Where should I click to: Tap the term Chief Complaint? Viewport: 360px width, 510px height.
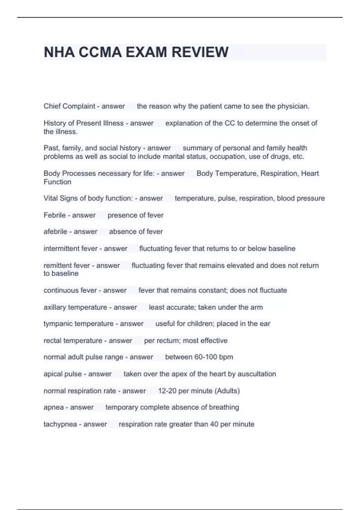click(x=69, y=106)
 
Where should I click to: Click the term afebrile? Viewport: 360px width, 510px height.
click(x=55, y=232)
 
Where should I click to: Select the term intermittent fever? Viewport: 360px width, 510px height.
click(x=70, y=248)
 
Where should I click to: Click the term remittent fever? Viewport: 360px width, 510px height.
click(x=67, y=265)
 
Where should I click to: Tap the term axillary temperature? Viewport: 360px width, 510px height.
click(x=75, y=307)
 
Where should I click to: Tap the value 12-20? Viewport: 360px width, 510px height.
click(x=167, y=391)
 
